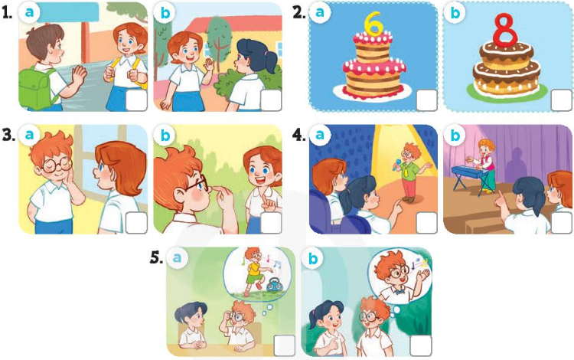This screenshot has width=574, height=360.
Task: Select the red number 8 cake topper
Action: coord(506,29)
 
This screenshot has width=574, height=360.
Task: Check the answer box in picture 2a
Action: coord(426,100)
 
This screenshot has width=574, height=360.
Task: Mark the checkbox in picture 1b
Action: coord(271,100)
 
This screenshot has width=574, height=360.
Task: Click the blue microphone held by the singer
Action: coord(396,165)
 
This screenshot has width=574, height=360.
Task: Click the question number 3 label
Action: coord(8,135)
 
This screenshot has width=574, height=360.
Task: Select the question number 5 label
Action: coord(156,258)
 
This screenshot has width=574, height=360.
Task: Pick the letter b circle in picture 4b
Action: coord(455,135)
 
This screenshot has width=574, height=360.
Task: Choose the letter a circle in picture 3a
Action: coord(29,135)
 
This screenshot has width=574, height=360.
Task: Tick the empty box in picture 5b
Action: coord(421,345)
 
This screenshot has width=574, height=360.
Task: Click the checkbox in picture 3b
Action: coord(271,223)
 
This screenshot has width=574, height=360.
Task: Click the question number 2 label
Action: coord(299,12)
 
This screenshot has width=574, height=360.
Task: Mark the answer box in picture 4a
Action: coord(426,223)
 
